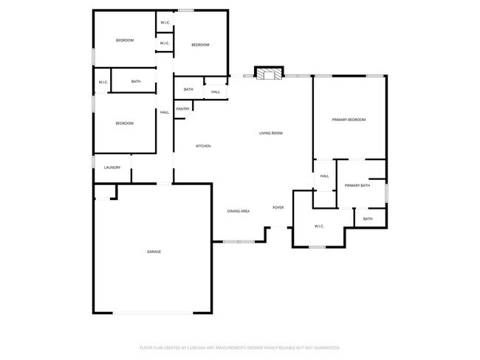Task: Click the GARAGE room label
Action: click(x=154, y=252)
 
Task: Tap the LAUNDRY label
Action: click(x=112, y=167)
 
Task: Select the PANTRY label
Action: click(x=183, y=109)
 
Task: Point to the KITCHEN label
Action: click(x=203, y=146)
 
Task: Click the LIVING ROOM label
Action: click(x=271, y=134)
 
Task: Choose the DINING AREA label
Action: click(x=238, y=212)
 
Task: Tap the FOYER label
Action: click(x=278, y=208)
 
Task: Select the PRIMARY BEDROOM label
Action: click(x=349, y=120)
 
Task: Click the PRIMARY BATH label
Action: click(x=357, y=185)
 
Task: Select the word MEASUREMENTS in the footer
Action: click(x=239, y=347)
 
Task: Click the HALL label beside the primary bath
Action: click(x=324, y=176)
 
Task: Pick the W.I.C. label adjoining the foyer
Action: click(x=319, y=226)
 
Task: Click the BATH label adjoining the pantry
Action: click(x=188, y=90)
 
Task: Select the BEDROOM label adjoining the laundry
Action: click(x=125, y=123)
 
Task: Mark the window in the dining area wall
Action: click(x=239, y=241)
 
